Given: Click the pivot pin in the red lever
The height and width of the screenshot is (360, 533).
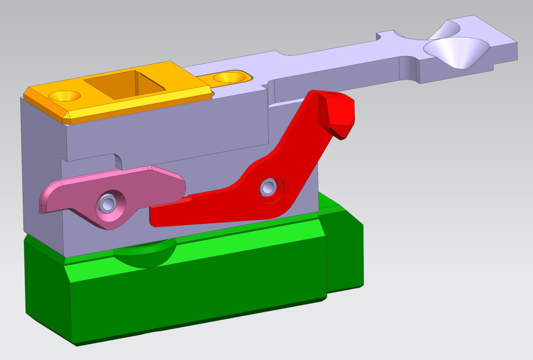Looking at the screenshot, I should click(268, 187).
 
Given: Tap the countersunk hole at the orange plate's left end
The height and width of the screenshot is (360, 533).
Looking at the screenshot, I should click(65, 96).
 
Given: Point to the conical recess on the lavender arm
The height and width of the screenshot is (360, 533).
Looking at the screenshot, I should click(456, 52).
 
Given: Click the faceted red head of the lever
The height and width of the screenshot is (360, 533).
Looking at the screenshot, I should click(338, 114).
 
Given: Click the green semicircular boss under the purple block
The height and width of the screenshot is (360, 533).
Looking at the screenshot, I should click(146, 256).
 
